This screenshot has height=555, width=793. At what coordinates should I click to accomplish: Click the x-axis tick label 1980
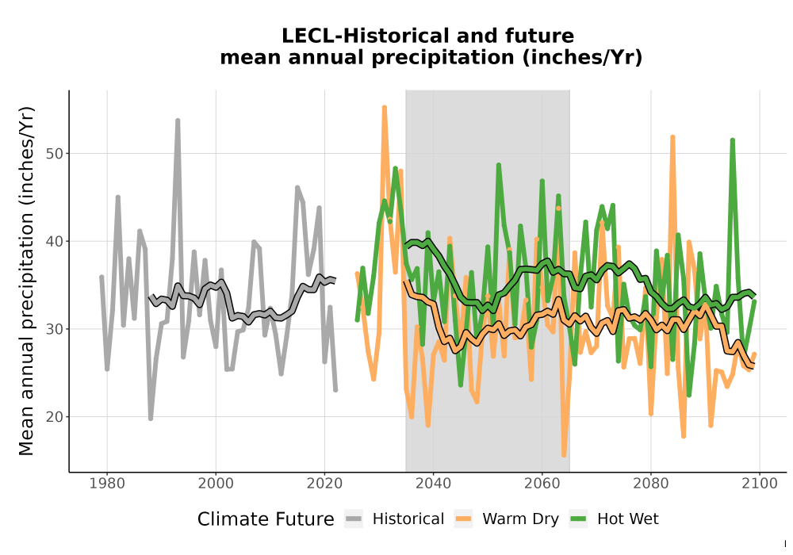point(107,483)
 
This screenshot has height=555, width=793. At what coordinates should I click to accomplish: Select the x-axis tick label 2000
point(216,483)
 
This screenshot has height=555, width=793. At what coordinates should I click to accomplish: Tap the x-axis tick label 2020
point(324,483)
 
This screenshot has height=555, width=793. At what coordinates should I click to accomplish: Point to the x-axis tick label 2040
point(434,483)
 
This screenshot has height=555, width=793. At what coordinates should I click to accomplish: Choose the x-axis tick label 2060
point(542,483)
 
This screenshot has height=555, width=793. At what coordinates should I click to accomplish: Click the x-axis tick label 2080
point(651,483)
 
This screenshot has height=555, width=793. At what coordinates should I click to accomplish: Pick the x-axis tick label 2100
point(760,483)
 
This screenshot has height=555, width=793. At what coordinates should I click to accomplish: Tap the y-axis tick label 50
point(55,154)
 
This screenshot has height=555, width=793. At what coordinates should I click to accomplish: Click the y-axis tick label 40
point(55,242)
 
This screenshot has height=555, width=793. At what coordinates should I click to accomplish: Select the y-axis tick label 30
point(55,329)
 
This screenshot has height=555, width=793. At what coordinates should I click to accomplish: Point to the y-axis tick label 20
point(55,417)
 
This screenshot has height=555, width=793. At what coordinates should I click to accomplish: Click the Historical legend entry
point(394,519)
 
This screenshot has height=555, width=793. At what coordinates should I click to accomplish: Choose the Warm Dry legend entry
point(507,519)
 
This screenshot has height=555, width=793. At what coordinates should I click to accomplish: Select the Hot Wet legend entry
point(615,519)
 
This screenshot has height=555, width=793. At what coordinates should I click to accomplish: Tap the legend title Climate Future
point(266,519)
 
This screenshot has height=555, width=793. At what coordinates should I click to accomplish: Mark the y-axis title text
point(26,281)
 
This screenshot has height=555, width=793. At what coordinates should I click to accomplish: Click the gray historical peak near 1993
point(178,121)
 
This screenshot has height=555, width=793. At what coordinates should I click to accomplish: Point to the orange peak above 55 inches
point(385,107)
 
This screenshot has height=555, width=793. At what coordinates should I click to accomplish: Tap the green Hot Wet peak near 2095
point(732,140)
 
